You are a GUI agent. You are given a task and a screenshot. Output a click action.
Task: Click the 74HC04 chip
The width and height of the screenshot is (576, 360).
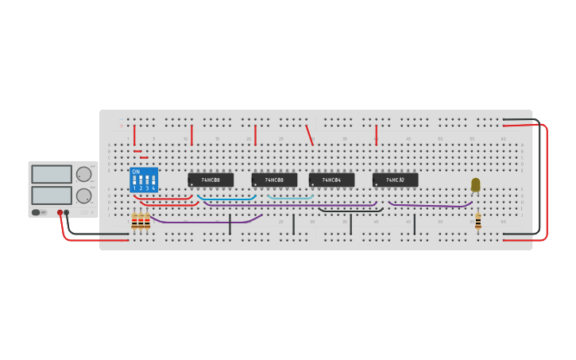(x=331, y=180)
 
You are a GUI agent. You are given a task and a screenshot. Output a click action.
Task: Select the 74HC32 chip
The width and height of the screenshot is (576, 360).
(x=395, y=180)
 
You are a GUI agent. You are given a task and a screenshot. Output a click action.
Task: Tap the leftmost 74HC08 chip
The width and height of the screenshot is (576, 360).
(x=211, y=180)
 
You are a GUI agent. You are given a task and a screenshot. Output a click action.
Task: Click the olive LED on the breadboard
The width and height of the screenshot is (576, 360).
(x=476, y=184)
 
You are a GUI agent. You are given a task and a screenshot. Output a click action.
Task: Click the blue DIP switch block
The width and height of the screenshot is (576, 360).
(x=144, y=180)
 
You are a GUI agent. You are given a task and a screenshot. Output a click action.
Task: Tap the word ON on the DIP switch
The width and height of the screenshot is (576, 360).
(x=136, y=172)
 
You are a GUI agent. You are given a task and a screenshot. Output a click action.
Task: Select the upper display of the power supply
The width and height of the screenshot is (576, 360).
(x=52, y=174)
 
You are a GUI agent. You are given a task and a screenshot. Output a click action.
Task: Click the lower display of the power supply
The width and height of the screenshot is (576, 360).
(x=52, y=195)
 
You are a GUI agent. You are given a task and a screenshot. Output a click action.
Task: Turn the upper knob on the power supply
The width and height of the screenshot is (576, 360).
(x=83, y=175)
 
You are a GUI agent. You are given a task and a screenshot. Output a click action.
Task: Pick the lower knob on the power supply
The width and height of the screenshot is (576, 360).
(x=83, y=195)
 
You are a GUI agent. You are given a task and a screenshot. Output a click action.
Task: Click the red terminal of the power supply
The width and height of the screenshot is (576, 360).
(x=60, y=213)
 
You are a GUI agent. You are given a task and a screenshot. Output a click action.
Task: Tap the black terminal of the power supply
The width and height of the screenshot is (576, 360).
(x=67, y=213)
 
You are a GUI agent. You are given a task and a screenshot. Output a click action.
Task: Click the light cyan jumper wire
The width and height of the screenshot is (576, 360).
(x=290, y=197)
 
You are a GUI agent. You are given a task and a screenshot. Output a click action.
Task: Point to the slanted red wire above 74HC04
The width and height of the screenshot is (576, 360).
(x=309, y=134)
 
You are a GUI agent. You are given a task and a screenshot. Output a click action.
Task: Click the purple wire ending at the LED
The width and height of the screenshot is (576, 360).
(x=429, y=206)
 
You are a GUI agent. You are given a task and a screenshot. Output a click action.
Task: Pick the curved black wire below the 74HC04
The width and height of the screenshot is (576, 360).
(x=350, y=211)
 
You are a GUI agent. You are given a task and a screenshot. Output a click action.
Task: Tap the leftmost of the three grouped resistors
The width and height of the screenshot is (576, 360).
(x=134, y=222)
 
